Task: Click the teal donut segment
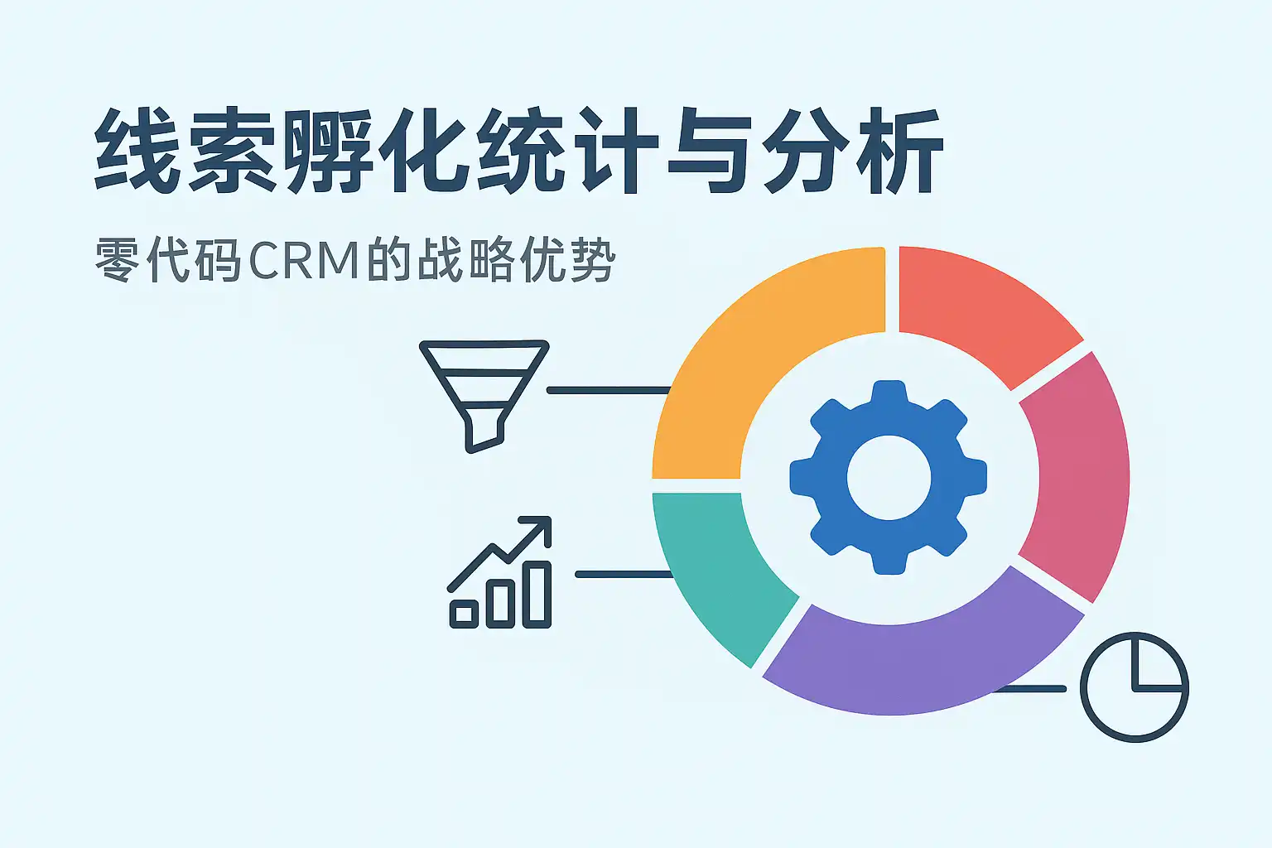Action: [712, 571]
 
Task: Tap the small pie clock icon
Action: [1134, 687]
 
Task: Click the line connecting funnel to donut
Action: [609, 390]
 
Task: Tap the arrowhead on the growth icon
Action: [538, 528]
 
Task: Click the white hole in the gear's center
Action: [889, 478]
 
